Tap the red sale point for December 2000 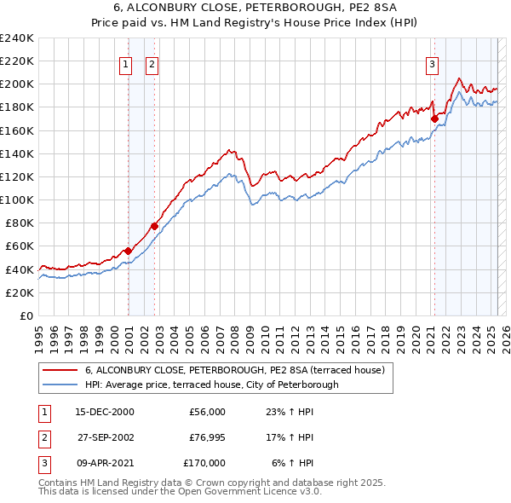128,251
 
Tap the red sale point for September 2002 154,226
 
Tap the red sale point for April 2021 433,119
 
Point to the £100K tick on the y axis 17,199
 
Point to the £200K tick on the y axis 17,84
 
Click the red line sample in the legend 60,371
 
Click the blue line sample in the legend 60,384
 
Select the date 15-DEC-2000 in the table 105,412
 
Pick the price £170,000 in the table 204,463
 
